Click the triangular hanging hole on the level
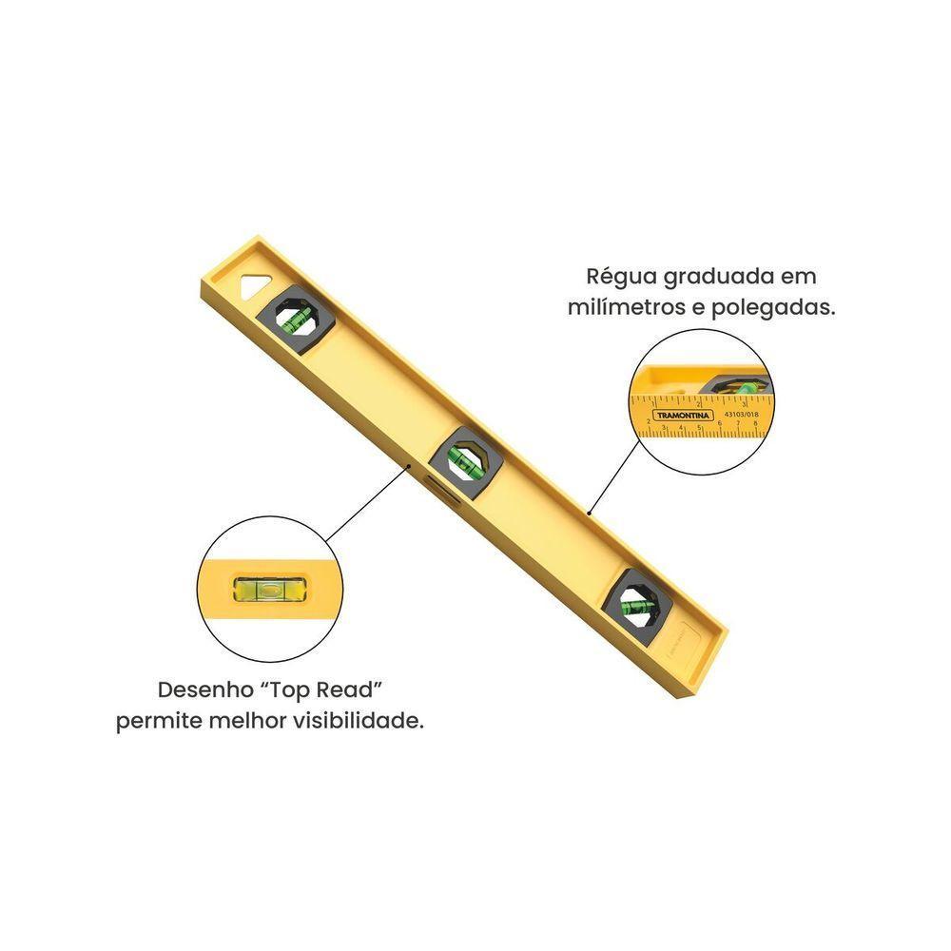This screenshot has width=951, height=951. coord(253,286)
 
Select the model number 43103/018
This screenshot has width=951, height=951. coord(741,414)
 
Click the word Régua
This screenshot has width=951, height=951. coord(617,277)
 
